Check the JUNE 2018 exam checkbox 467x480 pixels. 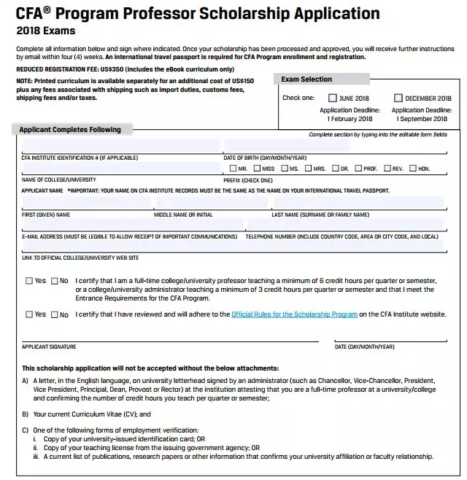pos(333,98)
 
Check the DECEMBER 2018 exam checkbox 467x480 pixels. pos(398,98)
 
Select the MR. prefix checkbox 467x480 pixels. pos(233,169)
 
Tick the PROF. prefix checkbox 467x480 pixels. pos(358,169)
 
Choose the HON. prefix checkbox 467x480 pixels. pos(413,169)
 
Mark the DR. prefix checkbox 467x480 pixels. pos(335,169)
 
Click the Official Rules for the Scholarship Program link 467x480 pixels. pos(294,314)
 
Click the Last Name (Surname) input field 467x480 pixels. pos(358,203)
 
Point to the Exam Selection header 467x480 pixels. pos(306,80)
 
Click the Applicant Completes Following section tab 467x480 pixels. pos(70,130)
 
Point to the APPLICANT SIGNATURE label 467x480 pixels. pos(49,347)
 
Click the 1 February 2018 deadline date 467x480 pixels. pos(350,119)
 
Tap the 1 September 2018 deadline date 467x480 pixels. pos(422,119)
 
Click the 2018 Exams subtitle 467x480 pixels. pos(45,31)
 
